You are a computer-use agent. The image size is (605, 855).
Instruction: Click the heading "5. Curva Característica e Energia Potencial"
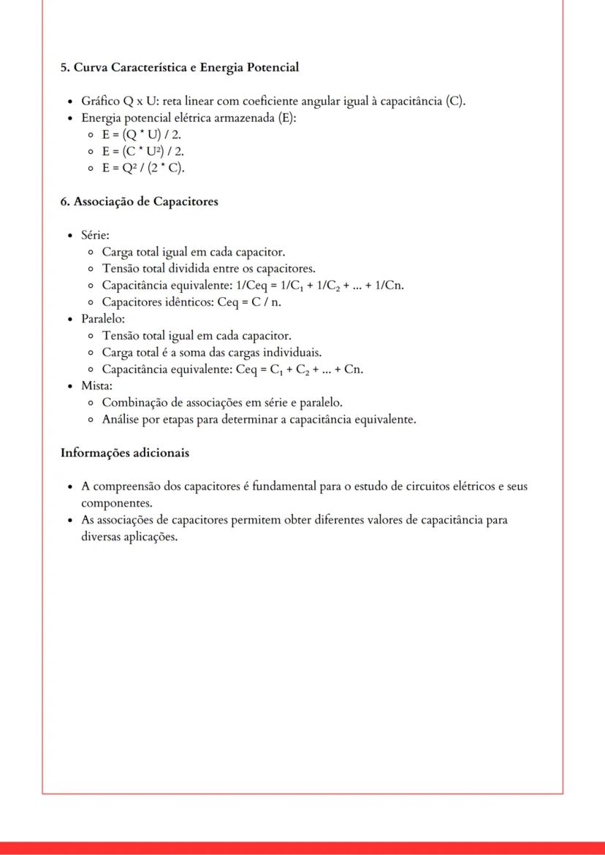coord(180,67)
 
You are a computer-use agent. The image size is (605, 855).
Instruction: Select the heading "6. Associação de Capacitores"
coord(139,202)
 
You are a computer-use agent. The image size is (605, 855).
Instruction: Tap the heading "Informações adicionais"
coord(124,453)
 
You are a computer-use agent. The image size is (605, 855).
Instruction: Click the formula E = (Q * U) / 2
coord(142,135)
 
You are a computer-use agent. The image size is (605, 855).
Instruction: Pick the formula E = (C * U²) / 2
coord(143,152)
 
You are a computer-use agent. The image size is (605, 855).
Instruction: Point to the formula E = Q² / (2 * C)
coord(143,169)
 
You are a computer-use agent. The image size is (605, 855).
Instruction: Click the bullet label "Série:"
coord(95,235)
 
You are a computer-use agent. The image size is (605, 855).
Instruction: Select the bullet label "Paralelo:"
coord(103,319)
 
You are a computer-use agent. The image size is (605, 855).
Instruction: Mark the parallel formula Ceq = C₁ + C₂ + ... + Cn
coord(300,369)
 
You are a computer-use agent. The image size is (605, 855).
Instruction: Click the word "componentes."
coord(107,503)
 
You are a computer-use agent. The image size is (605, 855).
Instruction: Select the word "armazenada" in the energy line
coord(245,118)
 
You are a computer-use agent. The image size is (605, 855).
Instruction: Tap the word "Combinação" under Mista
coord(133,402)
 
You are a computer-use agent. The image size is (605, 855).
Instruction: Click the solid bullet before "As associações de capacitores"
coord(69,521)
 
